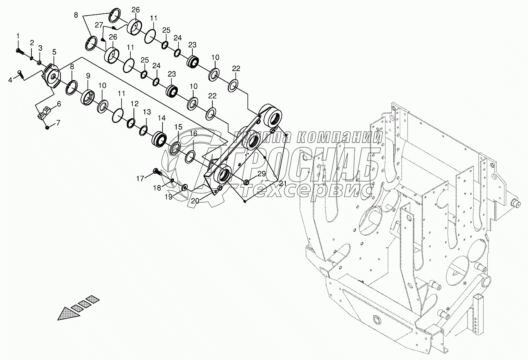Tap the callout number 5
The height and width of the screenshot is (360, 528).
tap(54, 52)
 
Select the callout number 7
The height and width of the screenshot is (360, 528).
tap(58, 123)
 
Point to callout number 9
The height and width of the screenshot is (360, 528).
tap(88, 75)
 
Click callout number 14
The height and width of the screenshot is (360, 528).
tap(162, 118)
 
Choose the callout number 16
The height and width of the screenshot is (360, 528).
tap(194, 133)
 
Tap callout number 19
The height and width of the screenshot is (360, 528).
tap(168, 197)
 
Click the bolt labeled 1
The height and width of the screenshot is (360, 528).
tap(19, 51)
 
